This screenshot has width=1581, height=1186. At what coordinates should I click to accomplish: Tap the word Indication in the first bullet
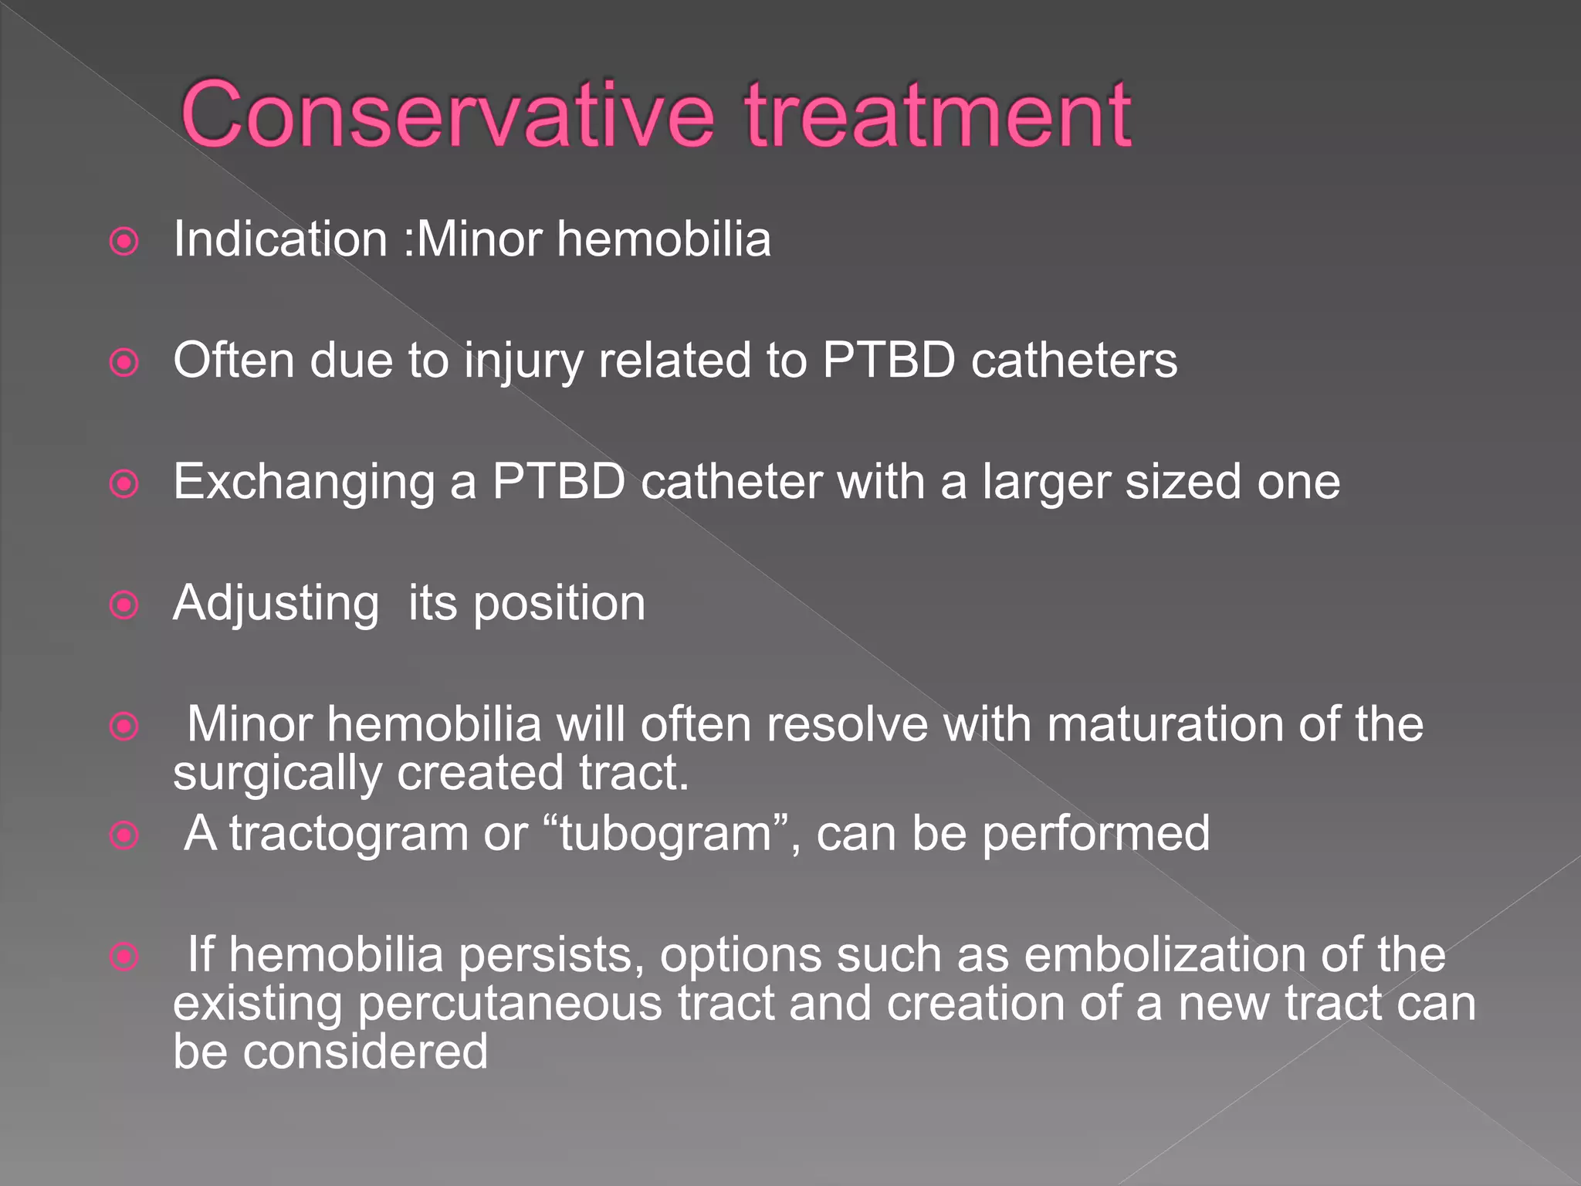pos(280,239)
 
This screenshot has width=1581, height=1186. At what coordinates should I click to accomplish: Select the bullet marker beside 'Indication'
pos(124,242)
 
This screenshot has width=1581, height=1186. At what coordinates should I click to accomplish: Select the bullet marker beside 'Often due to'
pos(124,362)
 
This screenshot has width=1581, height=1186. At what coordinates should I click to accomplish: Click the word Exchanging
pos(304,483)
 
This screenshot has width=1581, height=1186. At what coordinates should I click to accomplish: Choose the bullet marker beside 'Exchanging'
pos(124,484)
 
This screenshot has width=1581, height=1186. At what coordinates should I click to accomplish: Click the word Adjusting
pos(276,604)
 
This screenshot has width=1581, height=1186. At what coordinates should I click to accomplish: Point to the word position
pos(559,604)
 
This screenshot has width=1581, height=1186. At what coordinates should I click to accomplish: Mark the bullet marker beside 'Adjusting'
pos(124,605)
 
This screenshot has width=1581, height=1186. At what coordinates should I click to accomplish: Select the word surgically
pos(277,774)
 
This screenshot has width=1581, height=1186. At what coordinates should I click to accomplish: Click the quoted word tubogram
pos(665,834)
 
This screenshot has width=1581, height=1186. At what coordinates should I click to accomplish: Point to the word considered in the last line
pos(365,1052)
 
